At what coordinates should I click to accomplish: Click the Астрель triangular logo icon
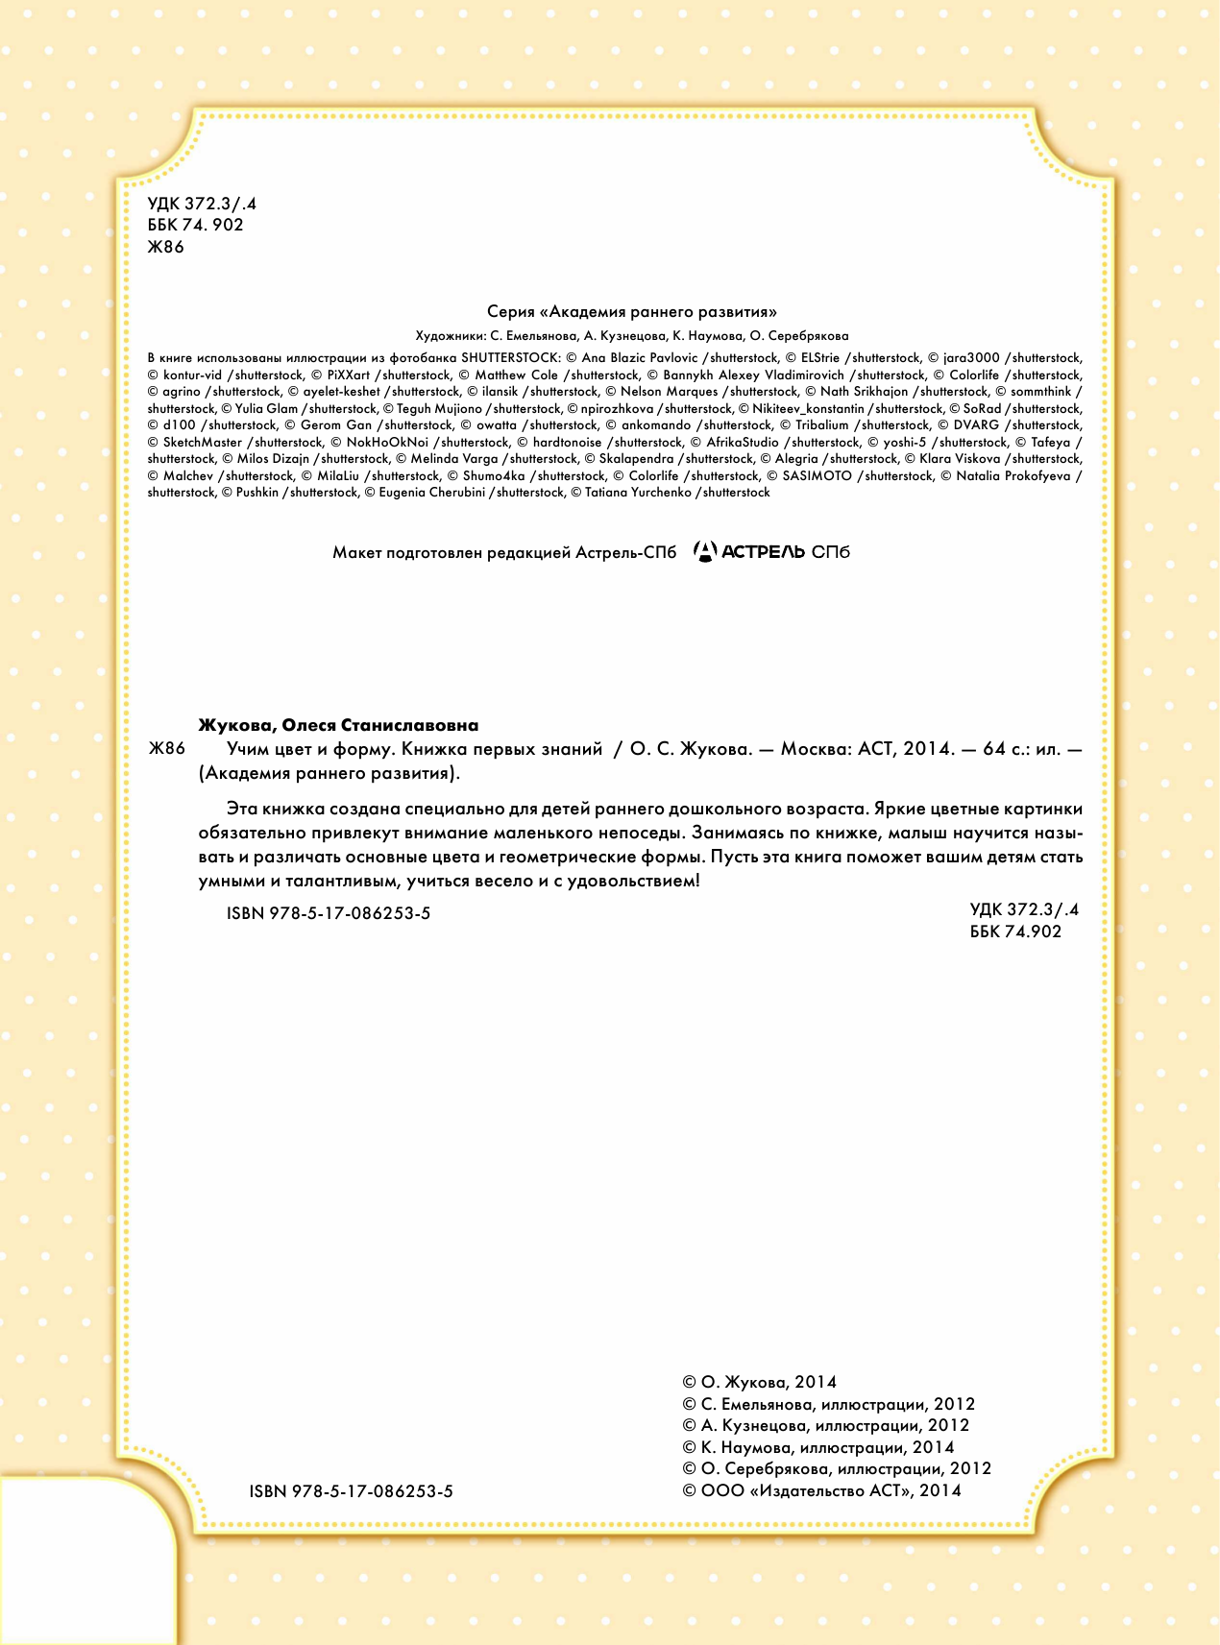pos(705,551)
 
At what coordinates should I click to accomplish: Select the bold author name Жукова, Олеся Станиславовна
pos(338,725)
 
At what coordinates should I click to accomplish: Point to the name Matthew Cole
pos(516,375)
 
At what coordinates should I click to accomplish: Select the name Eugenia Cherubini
pos(431,493)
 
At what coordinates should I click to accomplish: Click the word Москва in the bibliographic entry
pos(815,749)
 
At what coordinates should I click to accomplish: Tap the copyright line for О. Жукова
pos(759,1382)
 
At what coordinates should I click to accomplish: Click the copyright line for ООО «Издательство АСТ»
pos(821,1490)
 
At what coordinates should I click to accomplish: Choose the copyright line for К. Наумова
pos(817,1447)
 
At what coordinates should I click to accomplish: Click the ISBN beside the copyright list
pos(351,1491)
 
